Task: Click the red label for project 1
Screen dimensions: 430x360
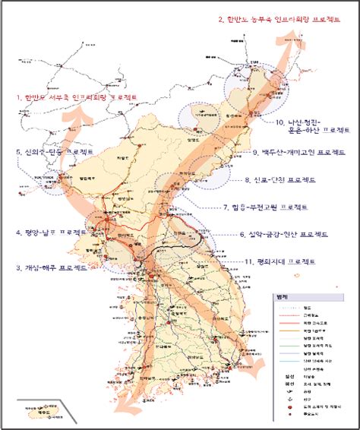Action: tap(77, 98)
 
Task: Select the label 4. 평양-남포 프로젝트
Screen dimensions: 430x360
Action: tap(51, 232)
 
